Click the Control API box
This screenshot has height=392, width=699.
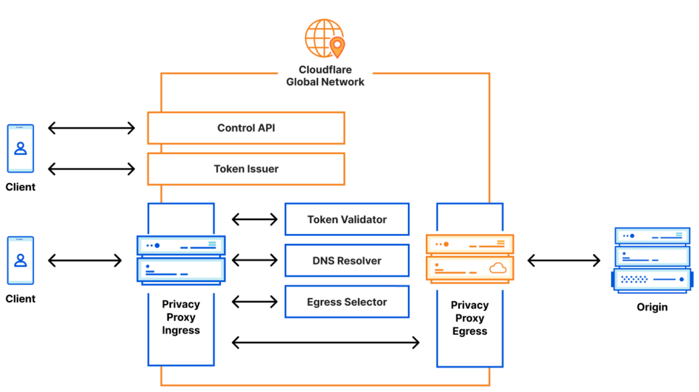click(x=246, y=128)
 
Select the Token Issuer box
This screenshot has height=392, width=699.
click(x=246, y=169)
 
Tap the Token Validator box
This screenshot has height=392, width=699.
click(x=347, y=219)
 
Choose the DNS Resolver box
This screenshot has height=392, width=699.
click(x=347, y=260)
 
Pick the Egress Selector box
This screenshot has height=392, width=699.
click(x=347, y=302)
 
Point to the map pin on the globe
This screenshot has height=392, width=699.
click(x=337, y=47)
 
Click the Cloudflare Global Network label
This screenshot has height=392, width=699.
click(x=325, y=76)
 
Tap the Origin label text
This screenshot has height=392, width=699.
click(x=652, y=307)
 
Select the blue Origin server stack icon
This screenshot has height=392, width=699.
click(x=652, y=260)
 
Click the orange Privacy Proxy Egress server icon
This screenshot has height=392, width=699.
click(x=470, y=259)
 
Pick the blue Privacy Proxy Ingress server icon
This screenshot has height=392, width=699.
click(x=181, y=260)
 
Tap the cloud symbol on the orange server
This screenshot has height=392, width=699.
click(x=498, y=268)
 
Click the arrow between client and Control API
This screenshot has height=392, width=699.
click(x=91, y=128)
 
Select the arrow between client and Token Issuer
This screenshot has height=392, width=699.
click(x=91, y=169)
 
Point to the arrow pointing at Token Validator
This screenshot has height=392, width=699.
click(x=255, y=219)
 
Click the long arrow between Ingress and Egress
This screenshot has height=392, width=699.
click(x=325, y=343)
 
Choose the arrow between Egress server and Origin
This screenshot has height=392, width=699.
click(x=564, y=260)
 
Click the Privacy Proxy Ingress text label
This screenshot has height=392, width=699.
click(x=181, y=317)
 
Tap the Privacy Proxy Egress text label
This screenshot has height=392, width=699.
click(x=470, y=318)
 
